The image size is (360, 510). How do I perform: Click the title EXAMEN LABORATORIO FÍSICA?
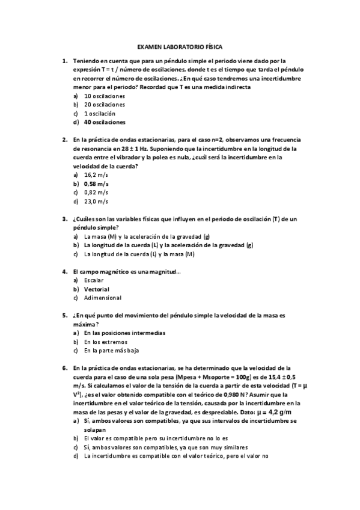[180, 46]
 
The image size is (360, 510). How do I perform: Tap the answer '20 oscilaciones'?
[105, 105]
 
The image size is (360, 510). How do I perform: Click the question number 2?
[64, 140]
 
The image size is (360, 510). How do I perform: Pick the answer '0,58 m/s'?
[97, 183]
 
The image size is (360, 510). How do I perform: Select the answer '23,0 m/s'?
[96, 201]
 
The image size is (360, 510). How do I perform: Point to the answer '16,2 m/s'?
[96, 174]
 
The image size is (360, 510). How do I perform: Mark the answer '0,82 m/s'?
[96, 192]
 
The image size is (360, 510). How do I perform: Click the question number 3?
[64, 219]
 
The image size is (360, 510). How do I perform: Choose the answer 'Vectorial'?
[97, 289]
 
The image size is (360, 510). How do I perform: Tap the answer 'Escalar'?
[94, 280]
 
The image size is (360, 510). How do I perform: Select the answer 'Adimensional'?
[103, 298]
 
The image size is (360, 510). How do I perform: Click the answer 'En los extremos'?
[106, 342]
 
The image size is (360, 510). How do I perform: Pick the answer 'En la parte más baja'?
[113, 351]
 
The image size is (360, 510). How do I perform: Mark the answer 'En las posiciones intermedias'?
[125, 333]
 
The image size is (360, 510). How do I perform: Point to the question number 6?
[64, 367]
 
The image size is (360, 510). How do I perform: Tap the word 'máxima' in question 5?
[84, 324]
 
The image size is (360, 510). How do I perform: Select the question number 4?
[64, 271]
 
